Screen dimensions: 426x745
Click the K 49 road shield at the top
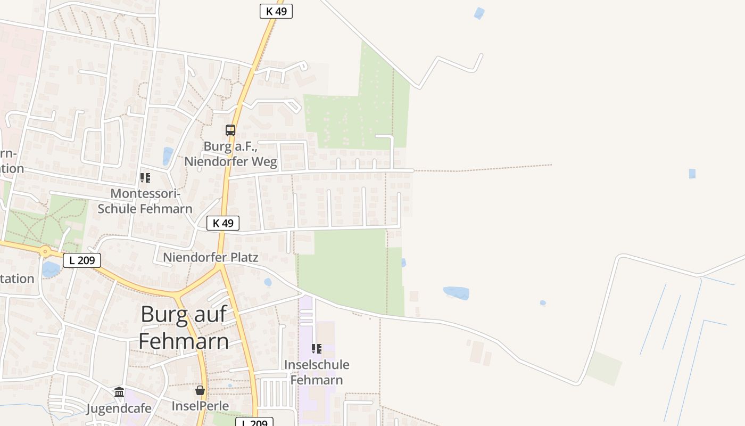[276, 11]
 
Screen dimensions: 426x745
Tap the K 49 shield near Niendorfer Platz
[223, 223]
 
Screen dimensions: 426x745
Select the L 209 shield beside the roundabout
[82, 260]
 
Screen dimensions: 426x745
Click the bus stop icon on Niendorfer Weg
[230, 130]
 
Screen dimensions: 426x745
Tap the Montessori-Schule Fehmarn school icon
[145, 178]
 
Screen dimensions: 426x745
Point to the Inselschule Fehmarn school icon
[317, 349]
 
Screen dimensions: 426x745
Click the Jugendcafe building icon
[119, 392]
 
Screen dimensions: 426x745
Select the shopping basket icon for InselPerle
[200, 390]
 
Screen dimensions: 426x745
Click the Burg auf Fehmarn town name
[184, 328]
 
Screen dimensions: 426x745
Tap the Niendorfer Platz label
[211, 258]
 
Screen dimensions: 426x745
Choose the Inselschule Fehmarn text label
[317, 372]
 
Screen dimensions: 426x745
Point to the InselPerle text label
[200, 406]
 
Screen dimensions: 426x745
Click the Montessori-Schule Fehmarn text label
[145, 201]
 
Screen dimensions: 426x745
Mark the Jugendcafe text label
[119, 408]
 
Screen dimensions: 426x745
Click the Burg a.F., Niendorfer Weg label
[230, 153]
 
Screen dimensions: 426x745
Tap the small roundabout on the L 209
[45, 251]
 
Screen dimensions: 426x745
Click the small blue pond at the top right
[479, 13]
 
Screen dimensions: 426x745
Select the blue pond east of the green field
[457, 293]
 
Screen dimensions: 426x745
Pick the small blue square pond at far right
[692, 174]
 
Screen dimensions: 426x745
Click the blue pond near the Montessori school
[168, 156]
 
